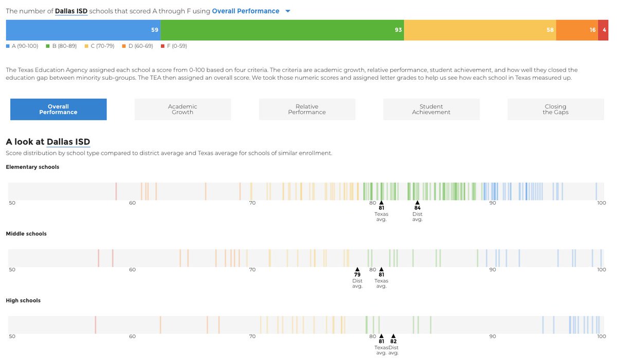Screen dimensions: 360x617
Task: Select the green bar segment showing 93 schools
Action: point(282,30)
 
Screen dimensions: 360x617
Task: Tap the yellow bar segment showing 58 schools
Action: point(480,30)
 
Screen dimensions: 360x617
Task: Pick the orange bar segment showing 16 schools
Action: point(577,30)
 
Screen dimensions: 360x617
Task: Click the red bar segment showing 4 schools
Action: point(603,30)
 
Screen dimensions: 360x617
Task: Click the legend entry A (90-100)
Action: point(22,46)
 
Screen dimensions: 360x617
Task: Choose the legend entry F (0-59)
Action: point(174,46)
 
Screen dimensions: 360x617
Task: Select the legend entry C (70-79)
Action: point(101,46)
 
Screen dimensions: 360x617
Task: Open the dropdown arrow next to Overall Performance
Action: point(287,11)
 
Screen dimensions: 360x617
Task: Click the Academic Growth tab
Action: point(183,110)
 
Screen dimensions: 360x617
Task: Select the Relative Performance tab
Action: point(307,110)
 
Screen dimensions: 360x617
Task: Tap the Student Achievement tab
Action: point(431,110)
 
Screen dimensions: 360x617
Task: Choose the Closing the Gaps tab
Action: point(555,110)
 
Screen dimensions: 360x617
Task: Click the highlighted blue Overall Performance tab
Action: point(59,110)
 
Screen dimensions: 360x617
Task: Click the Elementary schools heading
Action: point(32,167)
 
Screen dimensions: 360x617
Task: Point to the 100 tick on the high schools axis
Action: point(601,336)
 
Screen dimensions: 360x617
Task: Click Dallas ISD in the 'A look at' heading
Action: point(68,141)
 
